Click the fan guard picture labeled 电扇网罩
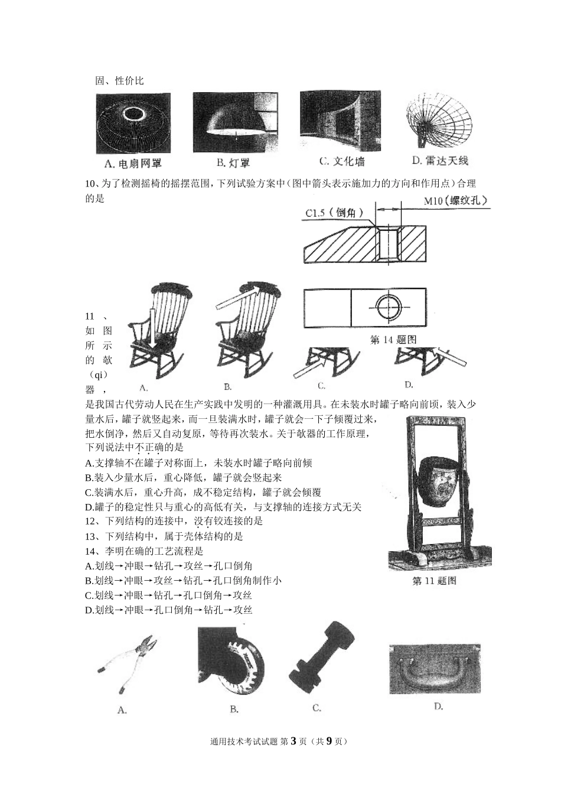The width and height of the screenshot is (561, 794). [133, 123]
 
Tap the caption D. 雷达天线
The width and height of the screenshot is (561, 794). [439, 160]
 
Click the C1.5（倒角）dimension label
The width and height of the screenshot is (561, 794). [334, 213]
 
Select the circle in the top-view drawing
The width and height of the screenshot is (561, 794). [388, 307]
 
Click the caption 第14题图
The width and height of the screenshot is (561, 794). [393, 340]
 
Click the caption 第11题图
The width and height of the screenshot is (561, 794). [434, 581]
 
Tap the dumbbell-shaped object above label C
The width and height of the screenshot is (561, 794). [322, 654]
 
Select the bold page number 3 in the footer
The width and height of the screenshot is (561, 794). [293, 741]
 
